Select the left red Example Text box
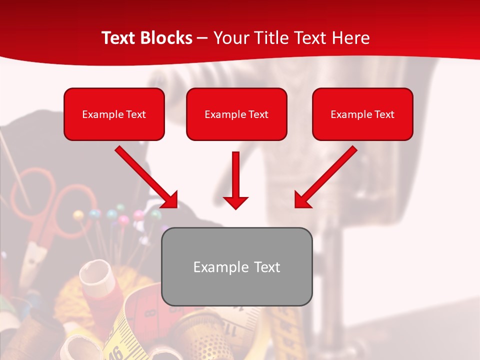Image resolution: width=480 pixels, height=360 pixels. [114, 114]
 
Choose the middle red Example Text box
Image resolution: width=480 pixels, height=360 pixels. [236, 114]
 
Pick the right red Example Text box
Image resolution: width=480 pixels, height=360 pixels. [362, 114]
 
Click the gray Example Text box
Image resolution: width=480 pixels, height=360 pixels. [237, 266]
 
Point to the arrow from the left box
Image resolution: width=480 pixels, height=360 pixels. [147, 177]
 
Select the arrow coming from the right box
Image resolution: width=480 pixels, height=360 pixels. [325, 177]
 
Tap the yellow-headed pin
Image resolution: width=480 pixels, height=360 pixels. [78, 215]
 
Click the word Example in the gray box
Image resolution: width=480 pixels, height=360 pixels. [213, 267]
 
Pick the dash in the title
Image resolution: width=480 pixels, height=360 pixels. [203, 38]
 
